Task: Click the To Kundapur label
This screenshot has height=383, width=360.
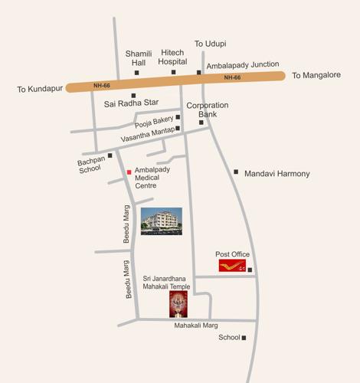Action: coord(38,90)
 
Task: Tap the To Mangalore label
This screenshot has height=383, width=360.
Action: coord(318,76)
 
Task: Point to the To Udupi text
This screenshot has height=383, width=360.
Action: coord(210,44)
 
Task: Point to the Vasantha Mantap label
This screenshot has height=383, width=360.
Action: coord(148,136)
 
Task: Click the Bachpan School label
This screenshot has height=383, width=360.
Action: coord(90,165)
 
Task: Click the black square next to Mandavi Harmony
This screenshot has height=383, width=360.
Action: coord(236,172)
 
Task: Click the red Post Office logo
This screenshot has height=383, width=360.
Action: coord(232,267)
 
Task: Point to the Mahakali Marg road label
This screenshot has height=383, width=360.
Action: coord(196,326)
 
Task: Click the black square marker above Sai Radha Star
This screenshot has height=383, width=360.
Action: coord(133,96)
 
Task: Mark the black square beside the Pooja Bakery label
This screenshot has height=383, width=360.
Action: coord(178,117)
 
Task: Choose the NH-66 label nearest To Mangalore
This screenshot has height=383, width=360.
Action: coord(233,77)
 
